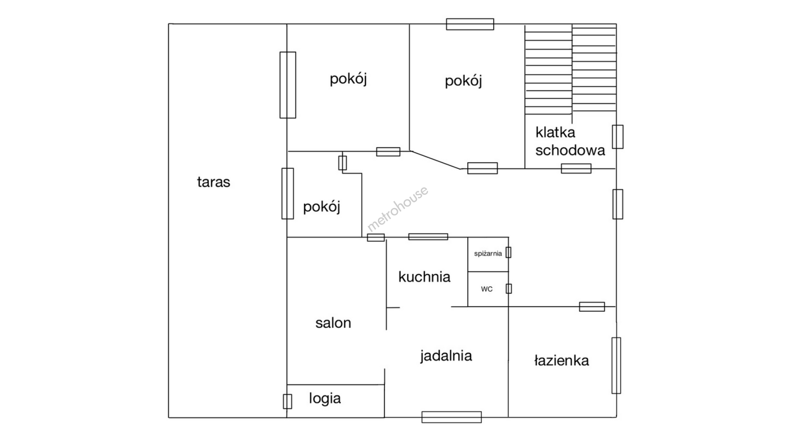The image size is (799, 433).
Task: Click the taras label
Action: pos(213,182)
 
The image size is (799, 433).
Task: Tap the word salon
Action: pos(333,323)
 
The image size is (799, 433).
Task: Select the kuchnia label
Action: pos(424,277)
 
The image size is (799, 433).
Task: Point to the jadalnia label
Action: pos(446,356)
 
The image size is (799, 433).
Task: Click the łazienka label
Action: pos(561,360)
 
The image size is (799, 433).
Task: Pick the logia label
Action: pos(325,399)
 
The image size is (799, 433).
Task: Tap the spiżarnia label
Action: pos(488,253)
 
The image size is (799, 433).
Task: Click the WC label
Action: pos(486,289)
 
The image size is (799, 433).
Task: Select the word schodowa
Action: pos(570,150)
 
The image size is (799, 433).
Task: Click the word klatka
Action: pos(555,133)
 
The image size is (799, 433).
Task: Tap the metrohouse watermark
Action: pos(397,209)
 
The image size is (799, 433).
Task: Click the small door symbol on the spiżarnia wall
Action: pos(508,252)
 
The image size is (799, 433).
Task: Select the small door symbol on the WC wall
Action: pos(509,288)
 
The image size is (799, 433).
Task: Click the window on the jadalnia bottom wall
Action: pos(452,417)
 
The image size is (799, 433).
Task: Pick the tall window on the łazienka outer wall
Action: pos(616,365)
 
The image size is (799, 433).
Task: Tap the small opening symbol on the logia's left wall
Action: pos(287,401)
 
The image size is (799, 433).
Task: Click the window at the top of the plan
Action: pos(470,24)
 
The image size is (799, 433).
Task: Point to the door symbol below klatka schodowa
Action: pos(576,168)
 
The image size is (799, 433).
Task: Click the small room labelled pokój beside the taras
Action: pos(321,207)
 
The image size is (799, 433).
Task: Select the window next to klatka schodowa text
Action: pos(618,137)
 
